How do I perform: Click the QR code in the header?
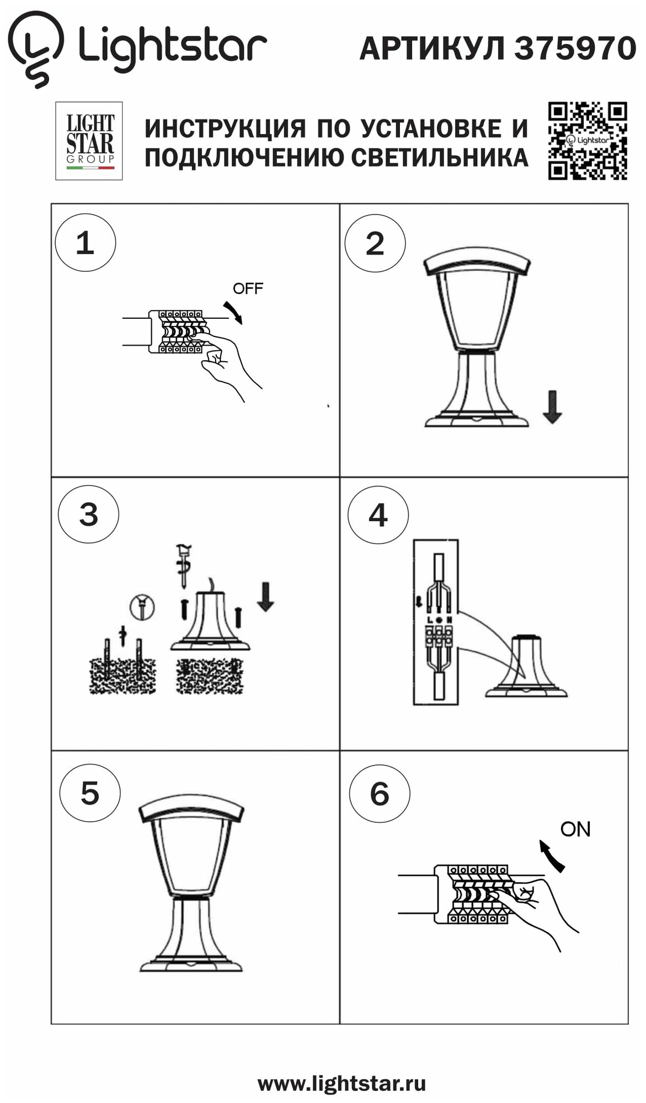(x=588, y=141)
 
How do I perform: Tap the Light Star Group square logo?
(x=89, y=141)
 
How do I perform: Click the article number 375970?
(x=575, y=48)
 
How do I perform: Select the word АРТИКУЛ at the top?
(x=432, y=49)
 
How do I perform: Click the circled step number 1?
(x=86, y=243)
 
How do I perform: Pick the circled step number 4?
(x=378, y=516)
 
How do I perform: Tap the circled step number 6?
(x=380, y=794)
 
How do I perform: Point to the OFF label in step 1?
(x=248, y=288)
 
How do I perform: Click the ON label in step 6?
(x=575, y=829)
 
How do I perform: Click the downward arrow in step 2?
(x=552, y=407)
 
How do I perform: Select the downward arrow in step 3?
(x=266, y=596)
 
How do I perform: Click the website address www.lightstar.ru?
(x=342, y=1083)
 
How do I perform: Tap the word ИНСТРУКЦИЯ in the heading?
(x=225, y=128)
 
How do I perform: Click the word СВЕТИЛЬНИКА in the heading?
(x=440, y=158)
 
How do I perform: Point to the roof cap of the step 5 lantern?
(x=191, y=808)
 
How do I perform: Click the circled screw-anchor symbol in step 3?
(x=142, y=607)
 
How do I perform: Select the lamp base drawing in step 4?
(x=526, y=667)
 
